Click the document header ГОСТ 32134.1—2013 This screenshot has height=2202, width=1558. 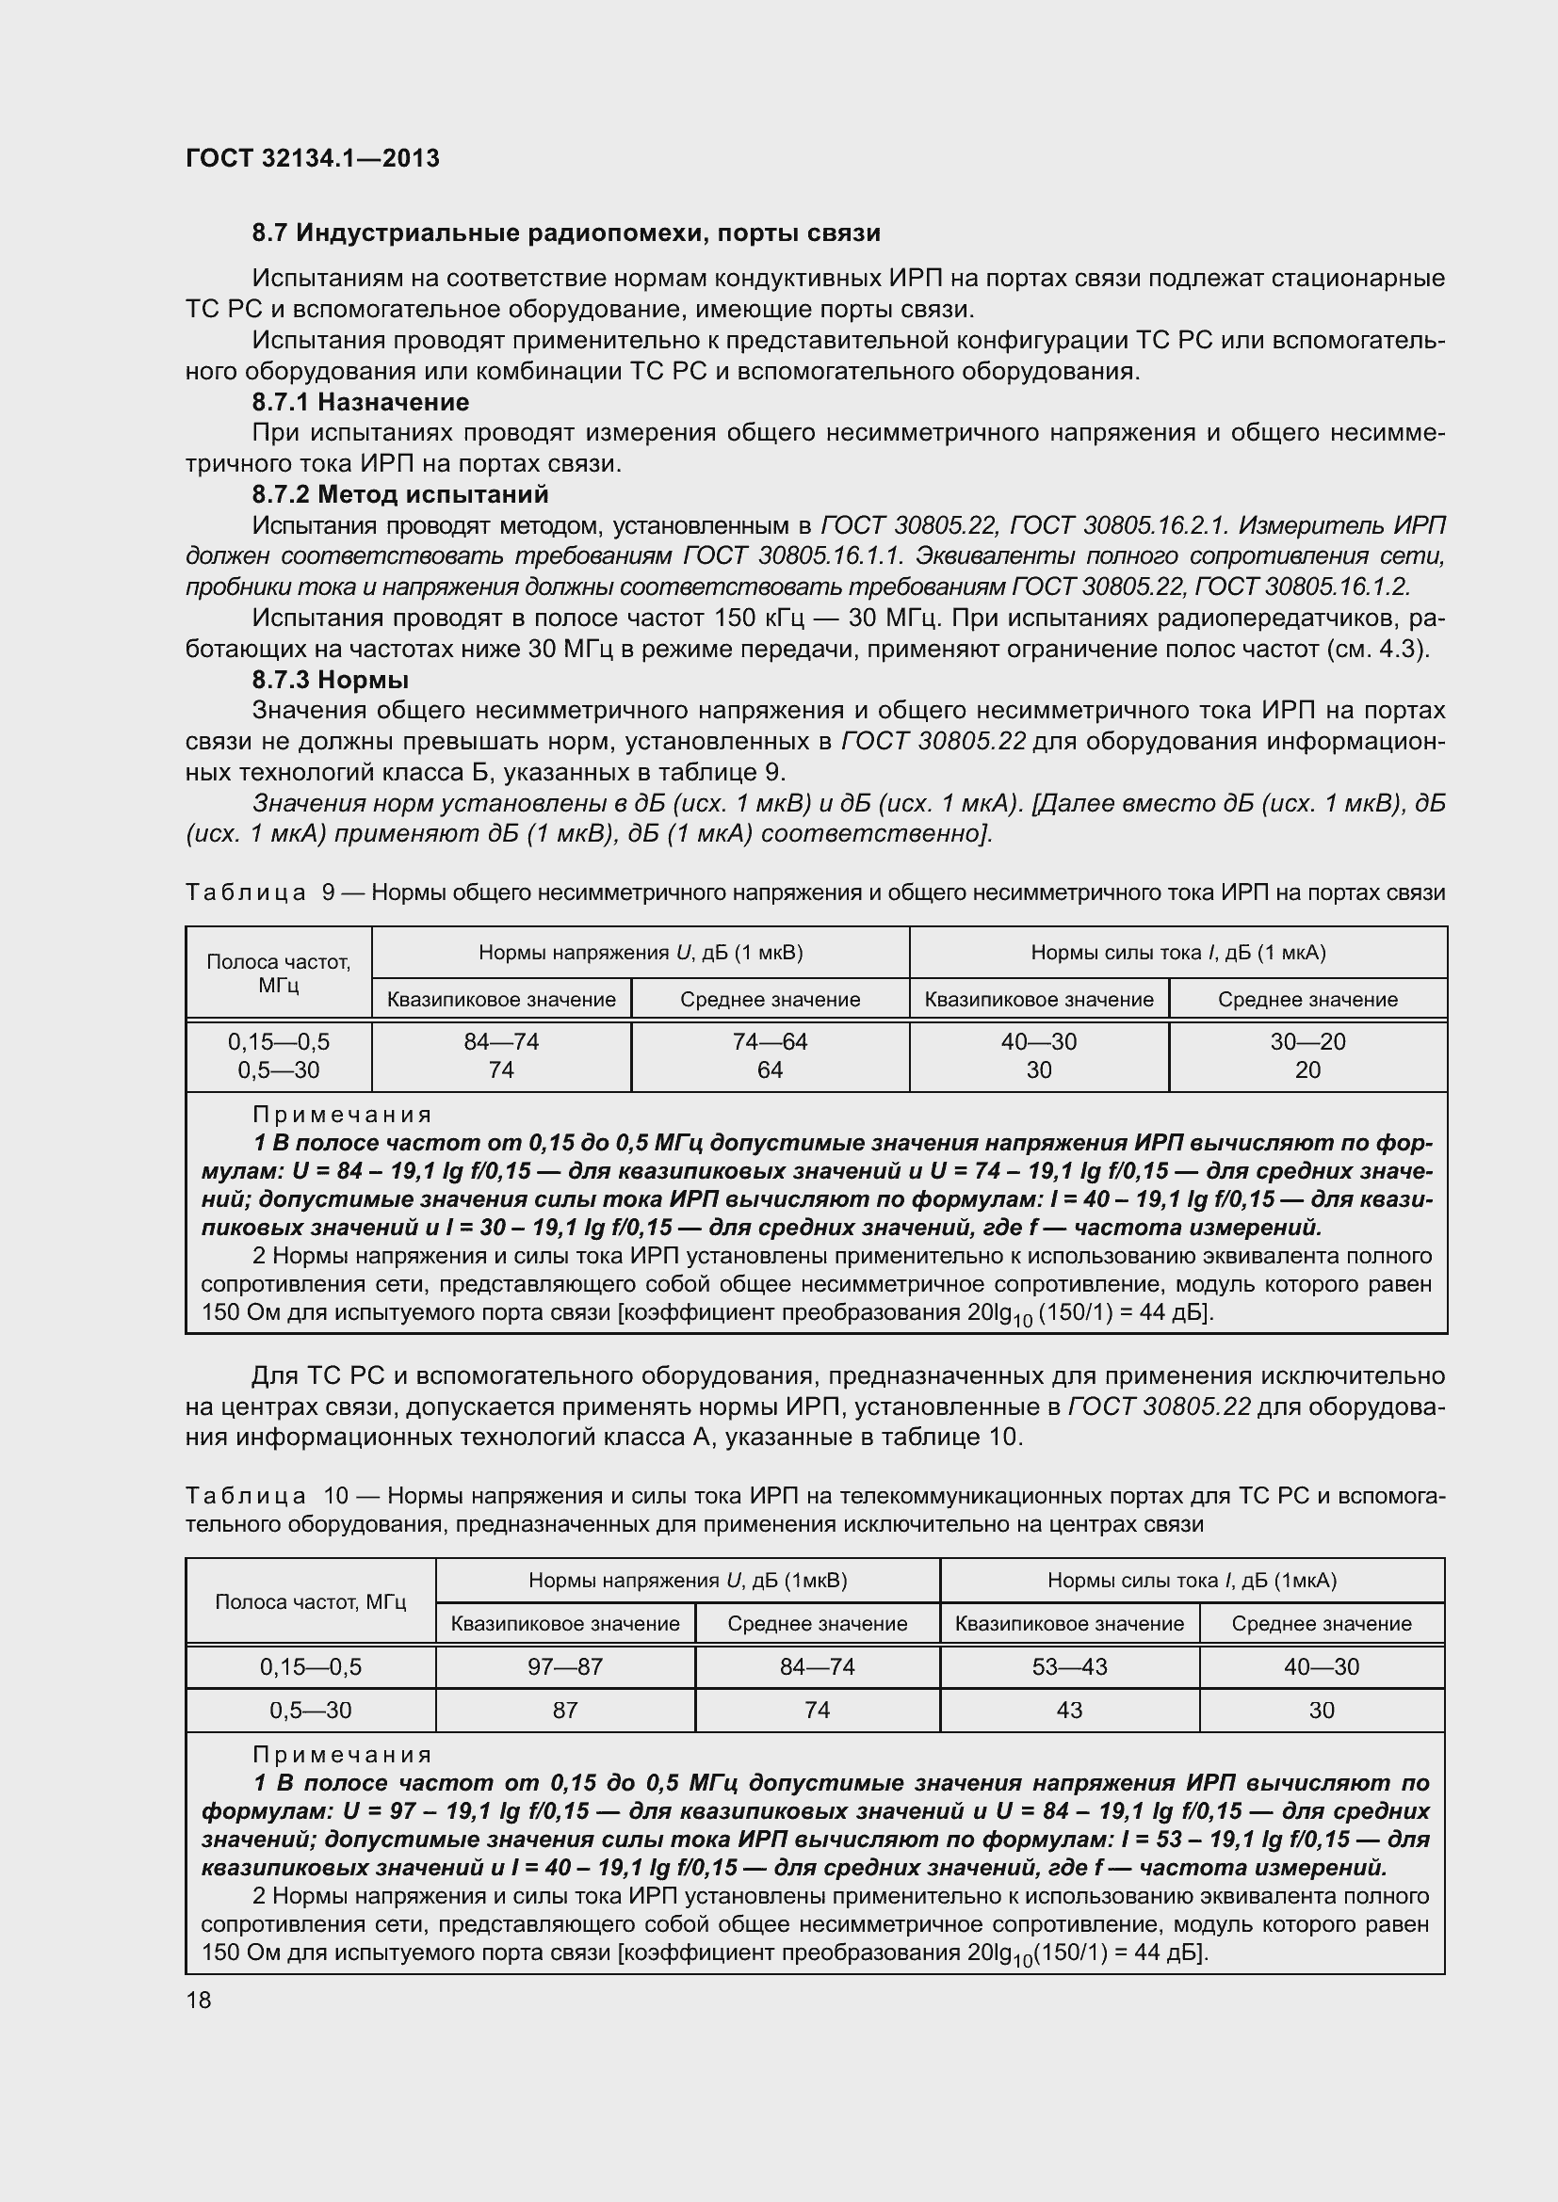[312, 158]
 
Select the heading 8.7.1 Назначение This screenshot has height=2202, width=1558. [360, 402]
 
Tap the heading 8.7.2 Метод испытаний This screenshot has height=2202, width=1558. [400, 495]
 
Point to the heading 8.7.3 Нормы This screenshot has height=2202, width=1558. [330, 680]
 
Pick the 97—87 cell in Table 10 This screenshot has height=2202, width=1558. [565, 1667]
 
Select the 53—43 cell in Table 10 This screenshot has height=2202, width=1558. [1069, 1667]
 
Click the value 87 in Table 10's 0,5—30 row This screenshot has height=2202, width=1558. [565, 1710]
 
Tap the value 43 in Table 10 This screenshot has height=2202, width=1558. [1069, 1710]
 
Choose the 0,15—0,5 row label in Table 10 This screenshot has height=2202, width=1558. [311, 1667]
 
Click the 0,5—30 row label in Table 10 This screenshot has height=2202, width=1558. [311, 1710]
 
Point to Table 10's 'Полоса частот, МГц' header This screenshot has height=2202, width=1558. [311, 1601]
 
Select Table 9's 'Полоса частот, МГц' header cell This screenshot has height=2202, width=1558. [278, 972]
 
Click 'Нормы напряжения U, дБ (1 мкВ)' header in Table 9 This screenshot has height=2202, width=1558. [640, 953]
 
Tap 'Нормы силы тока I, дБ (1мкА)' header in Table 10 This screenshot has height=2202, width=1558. [1192, 1581]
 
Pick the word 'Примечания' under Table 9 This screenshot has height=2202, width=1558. [343, 1115]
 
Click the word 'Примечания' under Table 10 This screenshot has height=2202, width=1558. [343, 1754]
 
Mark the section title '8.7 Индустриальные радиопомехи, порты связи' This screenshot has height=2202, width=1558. [566, 233]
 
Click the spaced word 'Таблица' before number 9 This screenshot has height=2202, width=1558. [246, 892]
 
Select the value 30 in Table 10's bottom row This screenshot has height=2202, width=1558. [1321, 1710]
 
